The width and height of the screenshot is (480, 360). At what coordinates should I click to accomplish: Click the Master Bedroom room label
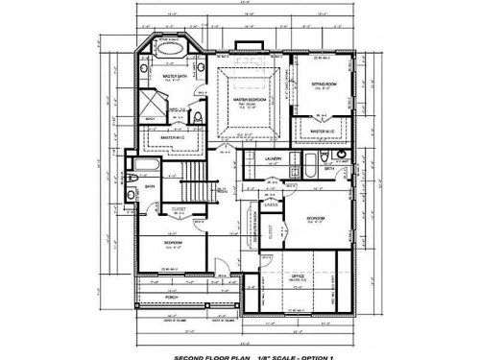click(251, 99)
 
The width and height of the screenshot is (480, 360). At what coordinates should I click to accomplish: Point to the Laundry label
click(272, 156)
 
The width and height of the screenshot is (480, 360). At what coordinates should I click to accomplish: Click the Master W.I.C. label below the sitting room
click(318, 131)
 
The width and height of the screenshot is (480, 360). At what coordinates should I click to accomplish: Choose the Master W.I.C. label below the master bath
click(173, 137)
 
